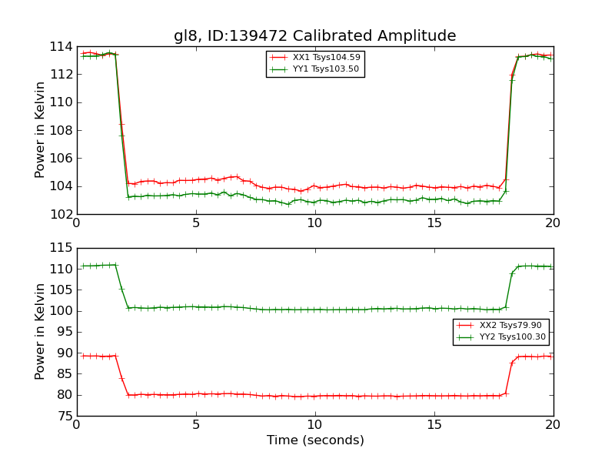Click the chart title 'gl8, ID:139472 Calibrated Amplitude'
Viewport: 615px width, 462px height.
click(314, 35)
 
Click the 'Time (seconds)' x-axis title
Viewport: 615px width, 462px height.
click(315, 440)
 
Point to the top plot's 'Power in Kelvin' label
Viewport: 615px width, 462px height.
click(40, 130)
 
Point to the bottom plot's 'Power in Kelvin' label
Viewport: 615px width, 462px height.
click(40, 332)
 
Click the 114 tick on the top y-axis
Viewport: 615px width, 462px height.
click(61, 46)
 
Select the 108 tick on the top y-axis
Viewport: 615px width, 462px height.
click(61, 130)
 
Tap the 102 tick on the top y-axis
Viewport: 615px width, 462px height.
click(61, 214)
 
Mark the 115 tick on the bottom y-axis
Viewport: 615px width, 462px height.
click(61, 249)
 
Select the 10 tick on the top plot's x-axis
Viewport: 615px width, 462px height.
click(315, 223)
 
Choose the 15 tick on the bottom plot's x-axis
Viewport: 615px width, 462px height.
click(434, 425)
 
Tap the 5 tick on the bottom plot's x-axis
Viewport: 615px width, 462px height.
click(196, 425)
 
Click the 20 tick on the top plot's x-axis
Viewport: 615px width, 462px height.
click(553, 223)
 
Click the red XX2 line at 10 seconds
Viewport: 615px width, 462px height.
click(315, 396)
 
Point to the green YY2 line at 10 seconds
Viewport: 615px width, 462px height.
click(315, 310)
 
